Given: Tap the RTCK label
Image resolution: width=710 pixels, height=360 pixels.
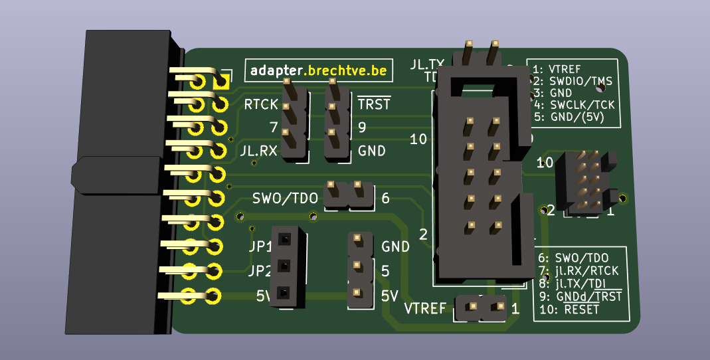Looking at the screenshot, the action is coord(261,104).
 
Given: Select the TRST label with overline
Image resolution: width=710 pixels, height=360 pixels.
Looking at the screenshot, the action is coord(374,104).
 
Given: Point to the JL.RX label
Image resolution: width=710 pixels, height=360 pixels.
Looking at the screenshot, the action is coord(258,151).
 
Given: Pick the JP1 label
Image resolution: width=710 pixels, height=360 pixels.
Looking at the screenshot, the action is coord(260,247).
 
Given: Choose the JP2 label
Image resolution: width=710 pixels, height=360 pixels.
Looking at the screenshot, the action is coord(260,272).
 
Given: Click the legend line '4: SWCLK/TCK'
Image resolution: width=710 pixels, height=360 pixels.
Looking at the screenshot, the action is coord(575,104).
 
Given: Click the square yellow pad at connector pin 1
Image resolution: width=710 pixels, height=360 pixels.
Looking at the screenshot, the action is coord(221,82).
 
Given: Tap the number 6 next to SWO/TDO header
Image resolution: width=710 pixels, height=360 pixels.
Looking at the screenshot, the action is coord(385,198).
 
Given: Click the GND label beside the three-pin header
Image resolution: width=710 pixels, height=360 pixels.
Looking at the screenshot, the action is coord(395,246).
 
